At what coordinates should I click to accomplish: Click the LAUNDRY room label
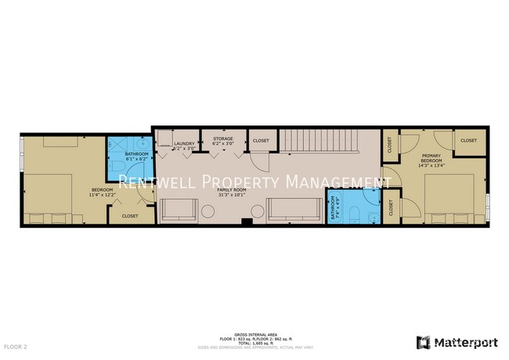(184, 143)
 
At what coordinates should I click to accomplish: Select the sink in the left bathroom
(116, 146)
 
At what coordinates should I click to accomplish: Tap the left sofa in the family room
(179, 210)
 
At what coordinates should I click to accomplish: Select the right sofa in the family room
(294, 210)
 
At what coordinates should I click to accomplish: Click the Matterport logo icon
(422, 342)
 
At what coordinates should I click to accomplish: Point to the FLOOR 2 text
(16, 345)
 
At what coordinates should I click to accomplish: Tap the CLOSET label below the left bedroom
(130, 215)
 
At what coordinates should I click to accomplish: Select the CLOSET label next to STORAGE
(260, 141)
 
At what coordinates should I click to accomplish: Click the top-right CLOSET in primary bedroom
(468, 140)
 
